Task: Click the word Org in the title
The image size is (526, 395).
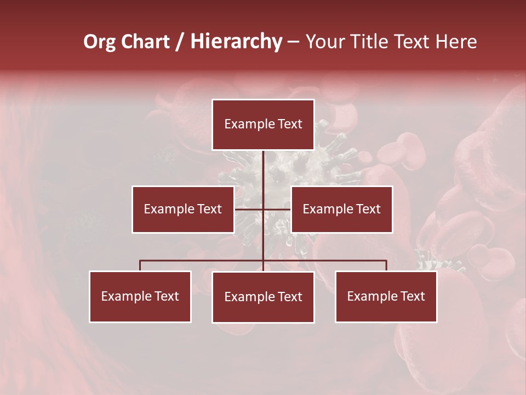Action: [x=100, y=42]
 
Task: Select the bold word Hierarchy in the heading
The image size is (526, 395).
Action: [x=236, y=42]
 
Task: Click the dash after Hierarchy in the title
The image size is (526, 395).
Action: [x=293, y=42]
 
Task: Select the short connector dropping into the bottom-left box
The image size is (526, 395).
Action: [x=140, y=266]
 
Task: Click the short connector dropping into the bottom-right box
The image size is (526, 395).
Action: [x=386, y=266]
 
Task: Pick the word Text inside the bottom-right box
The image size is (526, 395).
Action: [x=413, y=296]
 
